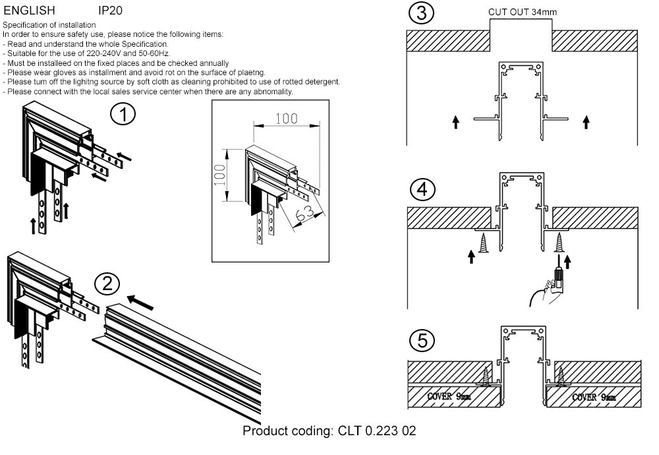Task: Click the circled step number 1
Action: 123,114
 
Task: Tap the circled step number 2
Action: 107,284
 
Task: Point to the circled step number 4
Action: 421,190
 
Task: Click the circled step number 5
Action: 421,341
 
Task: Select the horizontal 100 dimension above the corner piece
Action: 286,119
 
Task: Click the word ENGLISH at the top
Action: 30,11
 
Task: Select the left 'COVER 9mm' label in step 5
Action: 449,397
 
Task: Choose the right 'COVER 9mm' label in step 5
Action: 594,397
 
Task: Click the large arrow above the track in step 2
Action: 140,303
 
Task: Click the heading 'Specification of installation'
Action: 49,24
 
